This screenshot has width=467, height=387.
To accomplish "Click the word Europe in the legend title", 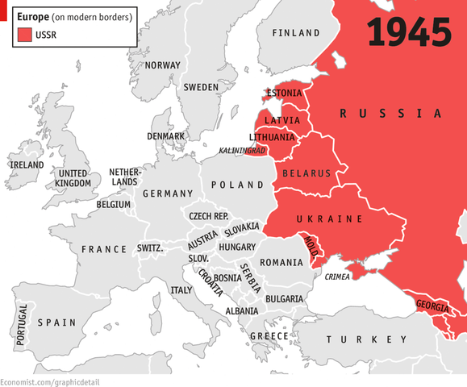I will coord(32,16).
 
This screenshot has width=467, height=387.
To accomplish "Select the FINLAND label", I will coord(295,33).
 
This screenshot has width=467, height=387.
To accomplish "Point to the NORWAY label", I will coord(162,65).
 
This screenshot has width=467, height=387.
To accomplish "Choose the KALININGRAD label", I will coord(242,151).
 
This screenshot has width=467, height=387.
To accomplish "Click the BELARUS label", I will coord(306,173).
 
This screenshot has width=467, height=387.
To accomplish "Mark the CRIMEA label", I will coord(339,277).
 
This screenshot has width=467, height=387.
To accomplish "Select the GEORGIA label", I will coord(434,306).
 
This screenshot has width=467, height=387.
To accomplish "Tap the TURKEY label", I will coord(351,340).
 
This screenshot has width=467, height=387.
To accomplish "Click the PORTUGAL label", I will coord(22,325).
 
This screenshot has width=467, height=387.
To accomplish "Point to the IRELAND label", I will coord(26,164).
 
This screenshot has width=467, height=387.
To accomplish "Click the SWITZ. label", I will coord(151,248).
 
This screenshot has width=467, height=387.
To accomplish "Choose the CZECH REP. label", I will coord(209,216).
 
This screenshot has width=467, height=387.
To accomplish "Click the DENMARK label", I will coord(166,136).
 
